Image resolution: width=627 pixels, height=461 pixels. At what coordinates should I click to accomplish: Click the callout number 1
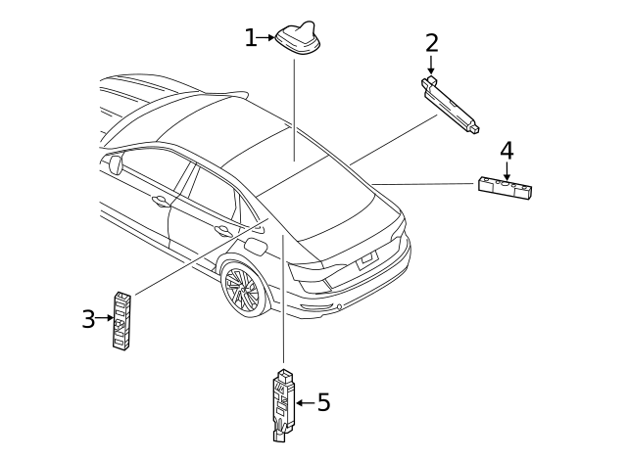251,38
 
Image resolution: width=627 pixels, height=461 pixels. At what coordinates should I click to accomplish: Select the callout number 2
431,43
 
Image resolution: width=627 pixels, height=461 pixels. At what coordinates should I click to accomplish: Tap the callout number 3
88,319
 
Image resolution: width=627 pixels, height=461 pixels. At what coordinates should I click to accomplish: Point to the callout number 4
506,151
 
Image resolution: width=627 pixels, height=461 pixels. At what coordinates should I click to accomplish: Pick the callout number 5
323,402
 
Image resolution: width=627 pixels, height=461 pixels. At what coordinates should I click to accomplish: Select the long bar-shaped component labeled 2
452,102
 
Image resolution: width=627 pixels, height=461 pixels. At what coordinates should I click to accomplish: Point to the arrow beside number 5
304,402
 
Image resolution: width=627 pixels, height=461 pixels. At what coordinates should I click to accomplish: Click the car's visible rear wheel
241,289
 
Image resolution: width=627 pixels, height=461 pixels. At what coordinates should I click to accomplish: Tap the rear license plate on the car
366,259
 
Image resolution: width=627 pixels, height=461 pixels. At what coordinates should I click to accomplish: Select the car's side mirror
116,163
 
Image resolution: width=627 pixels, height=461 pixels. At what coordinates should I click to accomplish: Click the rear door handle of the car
223,231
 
